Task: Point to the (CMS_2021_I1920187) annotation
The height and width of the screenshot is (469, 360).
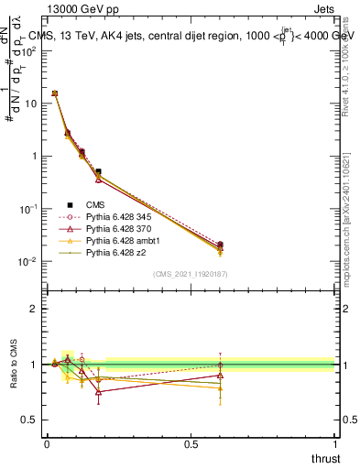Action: [190, 274]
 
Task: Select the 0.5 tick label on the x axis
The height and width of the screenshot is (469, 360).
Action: [191, 442]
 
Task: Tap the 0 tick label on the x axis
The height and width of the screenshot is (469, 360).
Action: [47, 442]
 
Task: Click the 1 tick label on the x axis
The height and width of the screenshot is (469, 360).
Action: [334, 442]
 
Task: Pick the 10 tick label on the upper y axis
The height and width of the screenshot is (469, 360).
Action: [30, 104]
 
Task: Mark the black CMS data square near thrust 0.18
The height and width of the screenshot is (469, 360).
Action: [98, 171]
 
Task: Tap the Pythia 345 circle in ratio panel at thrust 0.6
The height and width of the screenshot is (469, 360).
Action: [220, 365]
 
